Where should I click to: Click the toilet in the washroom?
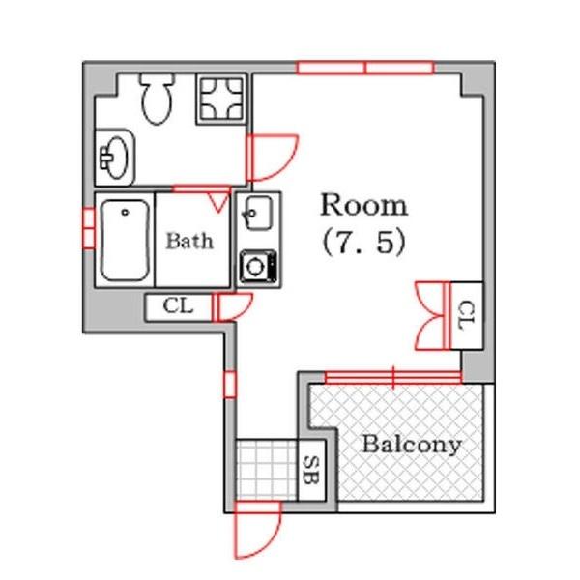coord(158,98)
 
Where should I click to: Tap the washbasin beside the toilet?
coord(115,158)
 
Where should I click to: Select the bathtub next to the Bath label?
coord(125,241)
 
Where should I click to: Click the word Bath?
coord(189,241)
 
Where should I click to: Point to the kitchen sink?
coord(257,214)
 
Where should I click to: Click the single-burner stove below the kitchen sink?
coord(258,267)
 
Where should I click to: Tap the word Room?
coord(364,205)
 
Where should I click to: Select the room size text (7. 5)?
coord(364,243)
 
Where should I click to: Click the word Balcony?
coord(412,445)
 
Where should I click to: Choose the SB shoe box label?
coord(311,470)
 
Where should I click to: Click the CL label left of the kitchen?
coord(178,306)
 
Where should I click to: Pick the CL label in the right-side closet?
coord(467,315)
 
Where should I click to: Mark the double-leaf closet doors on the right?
coord(432,315)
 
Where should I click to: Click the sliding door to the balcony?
coord(393,378)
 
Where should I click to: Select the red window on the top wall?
coord(365,68)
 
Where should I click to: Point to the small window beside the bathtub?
coord(89,228)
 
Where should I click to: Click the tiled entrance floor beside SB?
coord(267,470)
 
